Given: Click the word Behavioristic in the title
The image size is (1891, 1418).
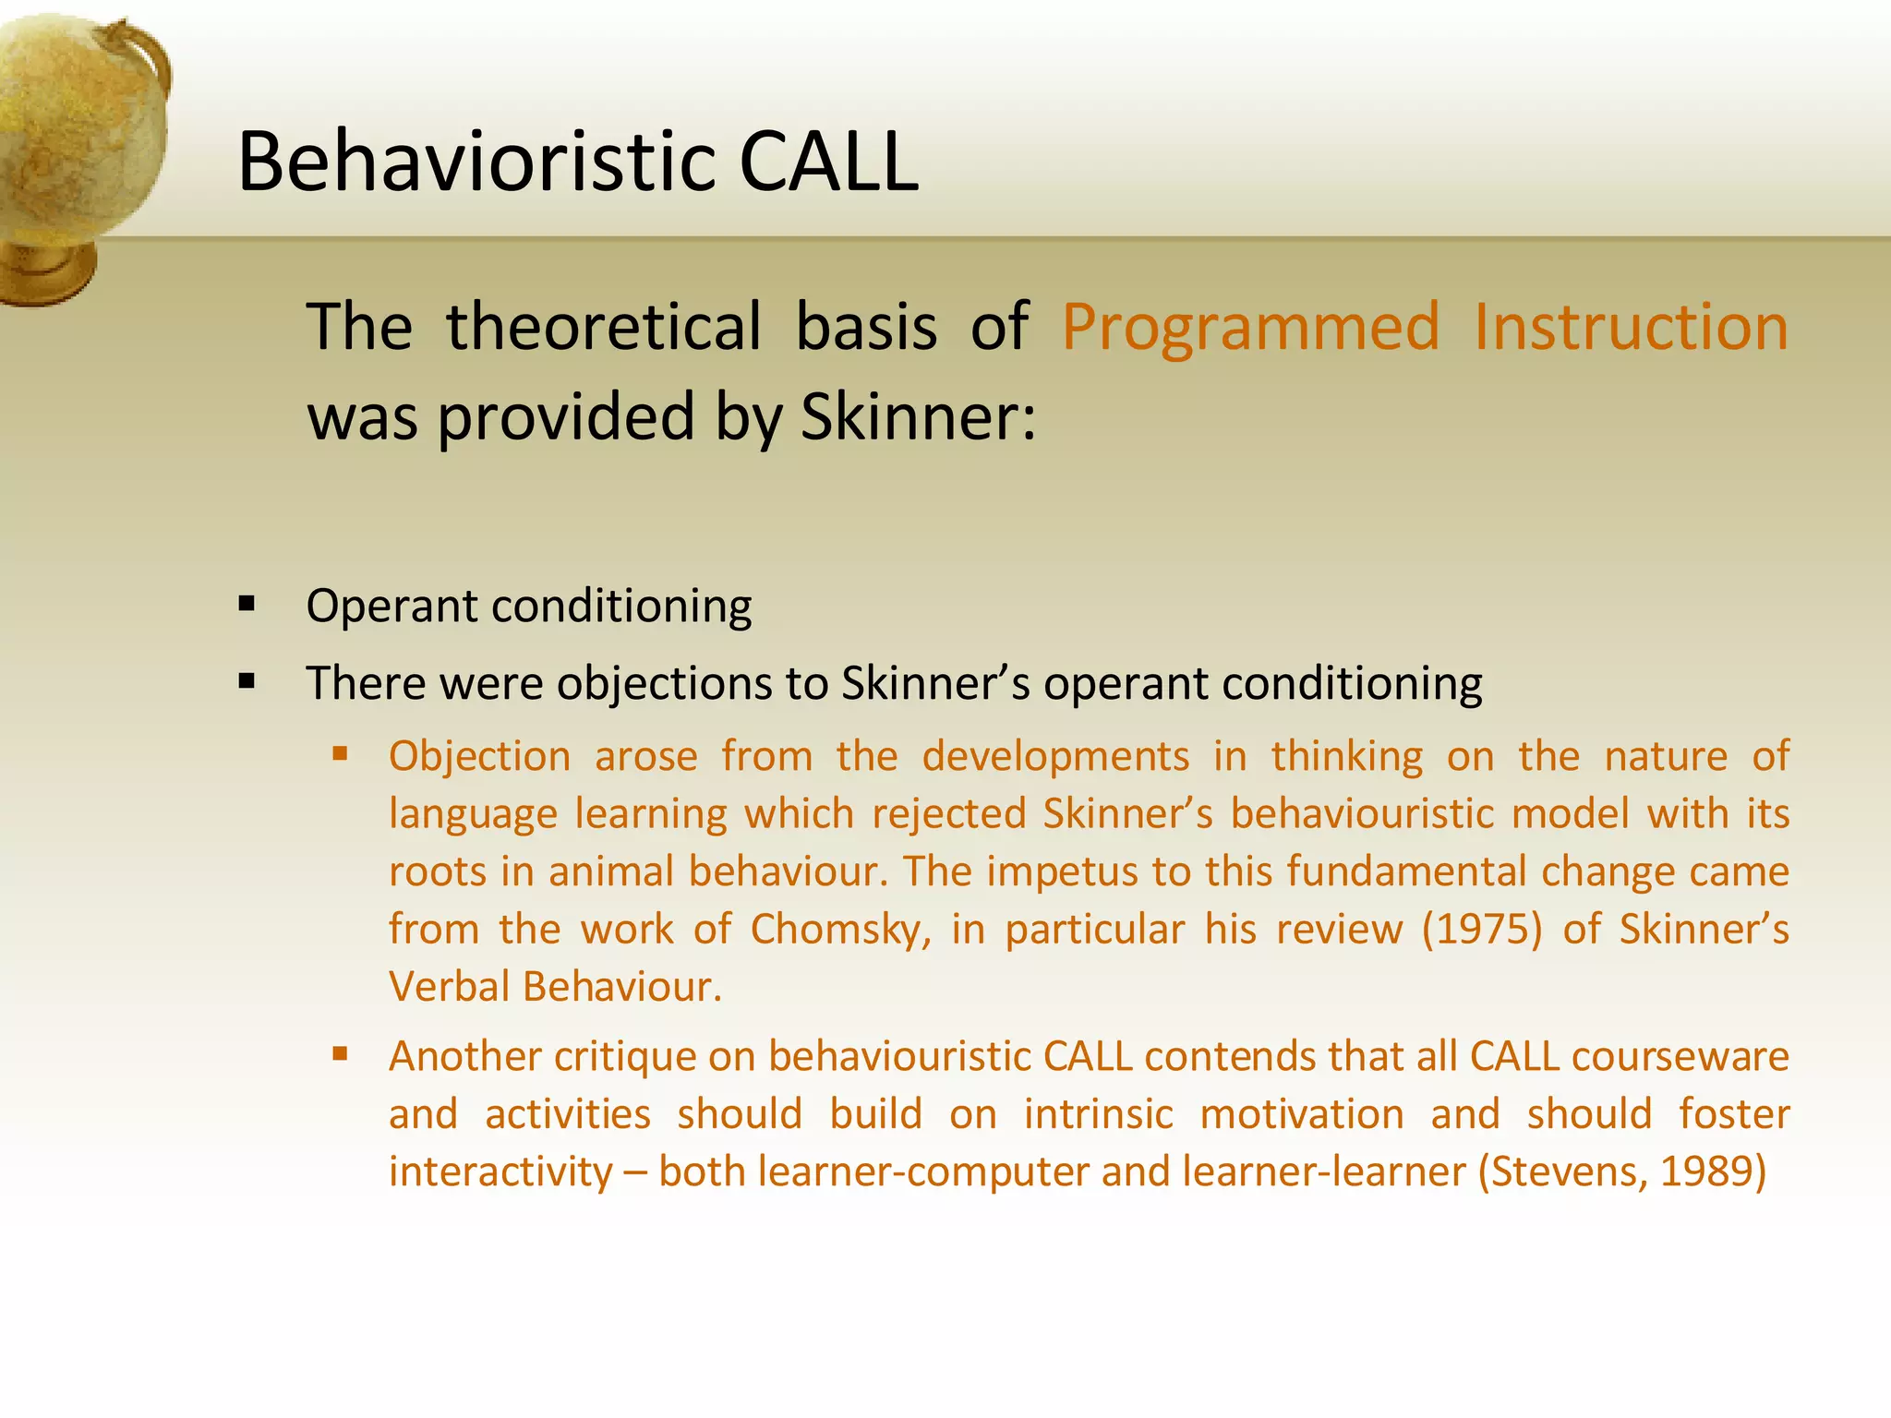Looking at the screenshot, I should tap(476, 162).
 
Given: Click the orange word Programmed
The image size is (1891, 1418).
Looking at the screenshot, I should tap(1250, 327).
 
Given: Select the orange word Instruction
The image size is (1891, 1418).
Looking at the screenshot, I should tap(1631, 327).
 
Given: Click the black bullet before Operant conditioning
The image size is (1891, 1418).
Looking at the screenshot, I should tap(247, 606).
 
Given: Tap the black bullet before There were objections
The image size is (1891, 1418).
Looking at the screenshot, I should tap(247, 683).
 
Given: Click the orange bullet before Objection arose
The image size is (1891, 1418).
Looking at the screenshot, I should tap(340, 754).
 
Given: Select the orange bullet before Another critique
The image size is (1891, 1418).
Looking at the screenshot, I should tap(340, 1054).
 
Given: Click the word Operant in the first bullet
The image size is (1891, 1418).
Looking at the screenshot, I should tap(391, 607).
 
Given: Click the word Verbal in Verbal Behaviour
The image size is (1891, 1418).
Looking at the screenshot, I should tap(449, 987).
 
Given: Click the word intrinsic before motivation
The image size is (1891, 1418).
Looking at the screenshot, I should tap(1098, 1114).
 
